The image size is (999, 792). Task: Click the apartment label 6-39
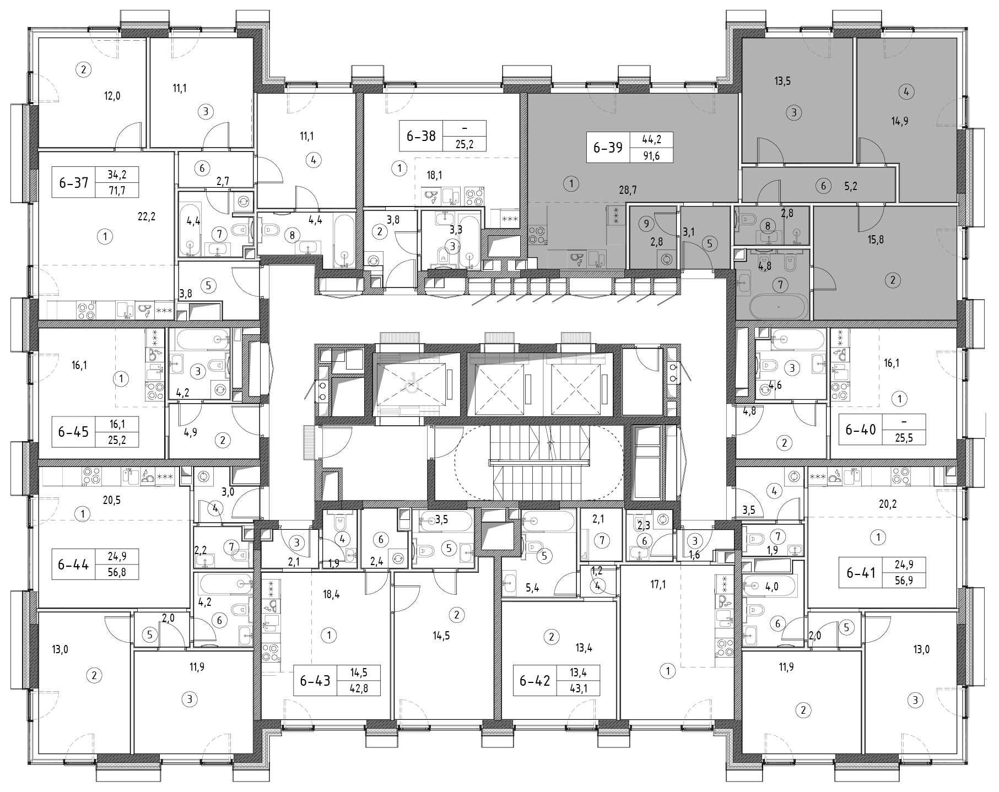coord(608,148)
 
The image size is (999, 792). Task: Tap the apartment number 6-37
coord(73,182)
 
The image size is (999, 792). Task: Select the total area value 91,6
coord(651,156)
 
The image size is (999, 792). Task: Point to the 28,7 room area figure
coord(627,190)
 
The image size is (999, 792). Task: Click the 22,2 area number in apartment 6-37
coord(146,216)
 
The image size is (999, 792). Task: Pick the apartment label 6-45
coord(73,431)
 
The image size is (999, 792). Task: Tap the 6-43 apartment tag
coord(315,681)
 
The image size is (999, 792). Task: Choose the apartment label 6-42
coord(534,681)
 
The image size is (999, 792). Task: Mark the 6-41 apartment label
coord(861,573)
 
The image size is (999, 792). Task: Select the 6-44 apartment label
coord(73,565)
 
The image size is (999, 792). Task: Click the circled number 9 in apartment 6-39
coord(646,224)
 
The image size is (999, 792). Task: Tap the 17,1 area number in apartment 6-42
coord(658,585)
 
